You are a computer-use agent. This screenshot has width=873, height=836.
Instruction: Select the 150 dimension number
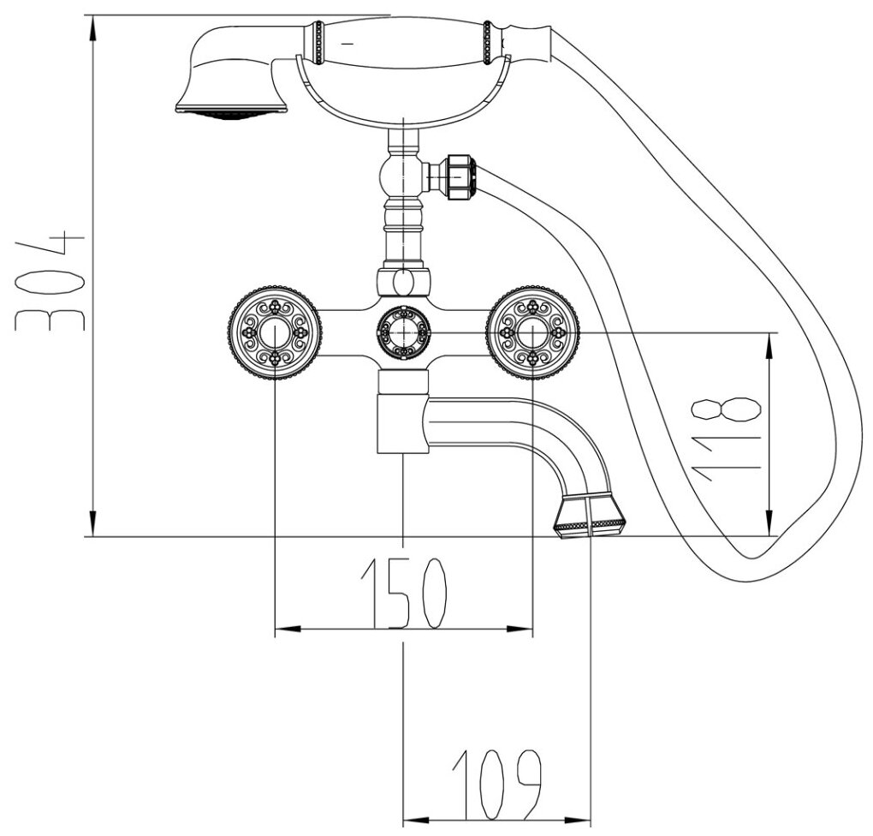click(402, 592)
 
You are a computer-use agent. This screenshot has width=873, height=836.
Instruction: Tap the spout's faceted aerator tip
click(590, 515)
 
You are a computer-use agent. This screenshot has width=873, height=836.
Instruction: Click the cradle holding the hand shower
click(402, 94)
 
